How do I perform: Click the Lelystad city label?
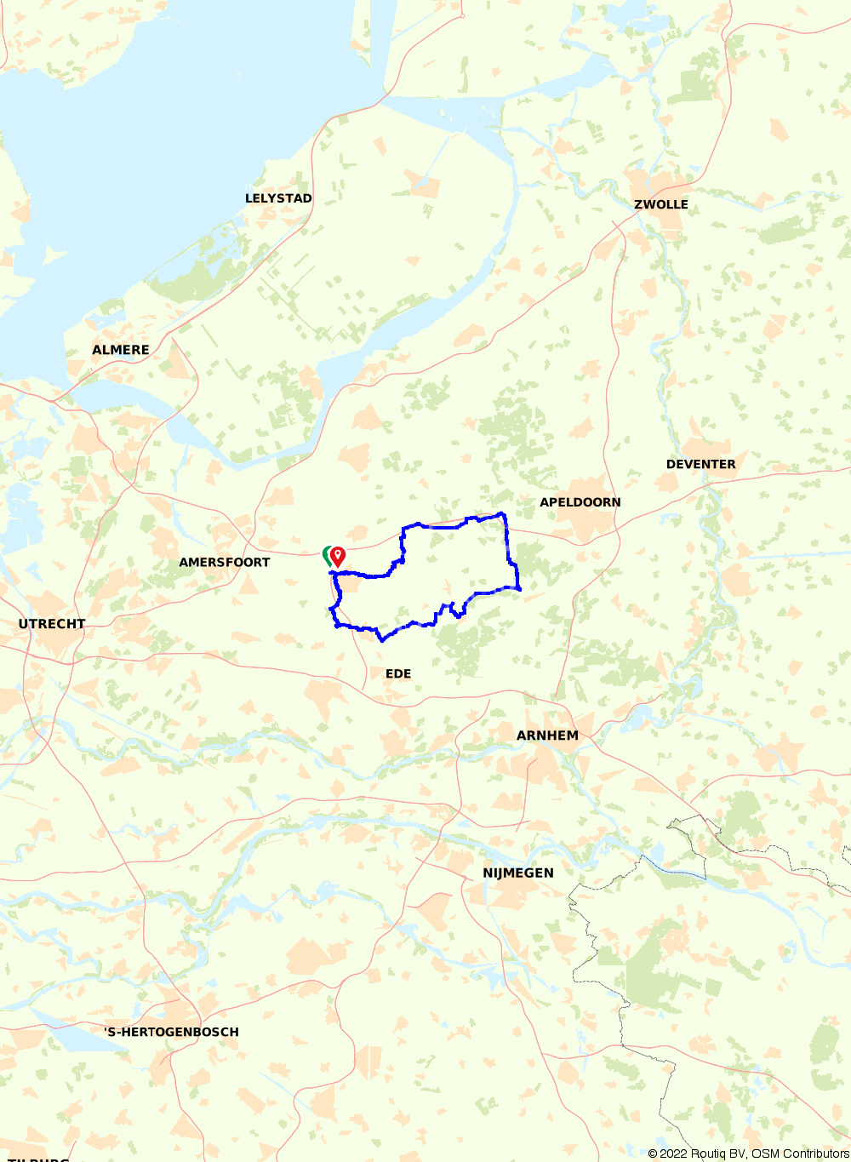(x=278, y=198)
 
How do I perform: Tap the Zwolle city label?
(x=661, y=204)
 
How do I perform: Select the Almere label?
(x=121, y=350)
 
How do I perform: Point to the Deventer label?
(x=700, y=464)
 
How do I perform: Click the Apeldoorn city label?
(x=580, y=502)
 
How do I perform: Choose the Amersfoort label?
(x=224, y=562)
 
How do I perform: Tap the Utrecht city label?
(x=52, y=624)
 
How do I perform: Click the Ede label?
(x=398, y=673)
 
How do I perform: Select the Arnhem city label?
(x=547, y=736)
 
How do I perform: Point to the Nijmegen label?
(x=518, y=873)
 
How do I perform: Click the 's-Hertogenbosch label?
(x=171, y=1032)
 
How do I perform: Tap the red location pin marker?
(x=338, y=555)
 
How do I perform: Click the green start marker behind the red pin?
(x=326, y=556)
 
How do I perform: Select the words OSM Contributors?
(x=800, y=1153)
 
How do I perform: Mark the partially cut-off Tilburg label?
(x=35, y=1159)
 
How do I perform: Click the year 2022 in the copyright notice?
(x=674, y=1153)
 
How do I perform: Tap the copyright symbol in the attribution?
(x=653, y=1153)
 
